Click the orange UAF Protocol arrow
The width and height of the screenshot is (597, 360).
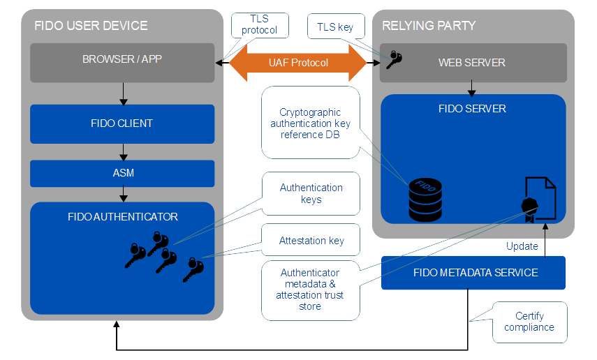[x=298, y=63]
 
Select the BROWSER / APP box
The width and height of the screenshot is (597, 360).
[x=122, y=59]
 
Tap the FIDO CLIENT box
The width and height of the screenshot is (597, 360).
[x=122, y=123]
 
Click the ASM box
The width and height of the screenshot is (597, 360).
[x=122, y=173]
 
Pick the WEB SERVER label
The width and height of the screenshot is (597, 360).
[x=471, y=63]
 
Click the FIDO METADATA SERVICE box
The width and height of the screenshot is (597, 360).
[x=472, y=273]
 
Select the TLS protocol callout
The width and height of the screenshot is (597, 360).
[x=259, y=26]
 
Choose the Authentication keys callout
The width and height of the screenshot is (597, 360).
[x=310, y=193]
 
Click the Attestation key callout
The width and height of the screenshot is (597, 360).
[x=310, y=240]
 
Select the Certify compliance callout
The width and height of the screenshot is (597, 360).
[x=529, y=322]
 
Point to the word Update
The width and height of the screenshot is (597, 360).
[x=522, y=246]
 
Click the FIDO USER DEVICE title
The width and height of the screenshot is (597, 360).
[x=91, y=26]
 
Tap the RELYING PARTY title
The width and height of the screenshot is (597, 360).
[x=429, y=26]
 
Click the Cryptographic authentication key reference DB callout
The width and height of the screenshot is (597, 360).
[x=310, y=121]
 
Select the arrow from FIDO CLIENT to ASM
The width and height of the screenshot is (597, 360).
[x=123, y=151]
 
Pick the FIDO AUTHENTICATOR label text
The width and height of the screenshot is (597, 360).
[x=122, y=216]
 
